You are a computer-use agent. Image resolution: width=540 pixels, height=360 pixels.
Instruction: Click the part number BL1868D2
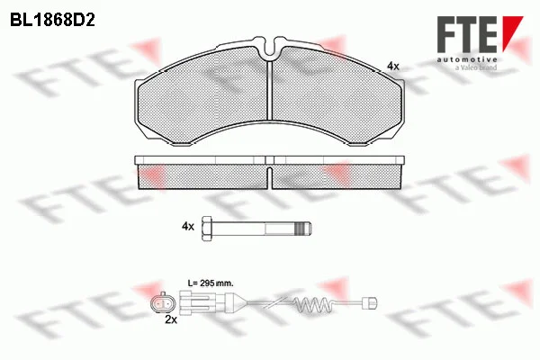52,21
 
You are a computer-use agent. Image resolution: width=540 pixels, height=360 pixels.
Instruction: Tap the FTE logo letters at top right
467,34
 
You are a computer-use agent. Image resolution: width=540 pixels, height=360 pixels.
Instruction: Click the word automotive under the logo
467,60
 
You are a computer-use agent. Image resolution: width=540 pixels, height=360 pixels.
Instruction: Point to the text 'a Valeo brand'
476,67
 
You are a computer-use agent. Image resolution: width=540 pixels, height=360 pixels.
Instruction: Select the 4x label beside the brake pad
393,66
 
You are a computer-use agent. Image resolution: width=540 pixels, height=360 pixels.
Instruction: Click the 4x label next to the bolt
188,226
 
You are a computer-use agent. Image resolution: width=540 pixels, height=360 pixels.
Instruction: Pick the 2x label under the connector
171,319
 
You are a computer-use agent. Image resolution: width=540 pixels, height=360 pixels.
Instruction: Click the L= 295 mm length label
211,283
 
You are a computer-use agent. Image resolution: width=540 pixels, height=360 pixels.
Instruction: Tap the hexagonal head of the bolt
207,229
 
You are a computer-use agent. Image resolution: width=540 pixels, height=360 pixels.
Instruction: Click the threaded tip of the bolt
305,228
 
